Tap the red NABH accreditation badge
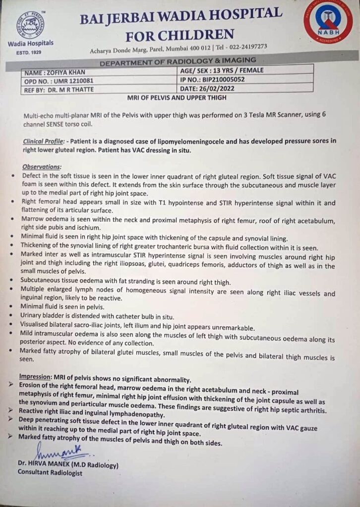[x=328, y=23]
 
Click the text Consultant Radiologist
[x=51, y=473]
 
